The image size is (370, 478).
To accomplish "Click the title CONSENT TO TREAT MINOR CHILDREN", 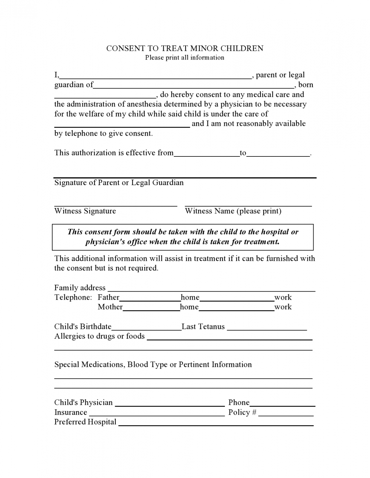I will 185,48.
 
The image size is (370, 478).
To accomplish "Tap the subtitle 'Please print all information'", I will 185,58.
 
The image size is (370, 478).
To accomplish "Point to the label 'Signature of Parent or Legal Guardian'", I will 119,183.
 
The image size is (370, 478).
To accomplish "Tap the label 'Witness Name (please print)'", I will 233,211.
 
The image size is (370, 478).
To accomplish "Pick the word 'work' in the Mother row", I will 283,307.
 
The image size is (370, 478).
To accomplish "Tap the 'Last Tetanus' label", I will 203,327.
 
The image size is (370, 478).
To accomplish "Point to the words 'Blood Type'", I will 147,365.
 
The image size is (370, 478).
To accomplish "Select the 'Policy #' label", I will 242,413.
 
